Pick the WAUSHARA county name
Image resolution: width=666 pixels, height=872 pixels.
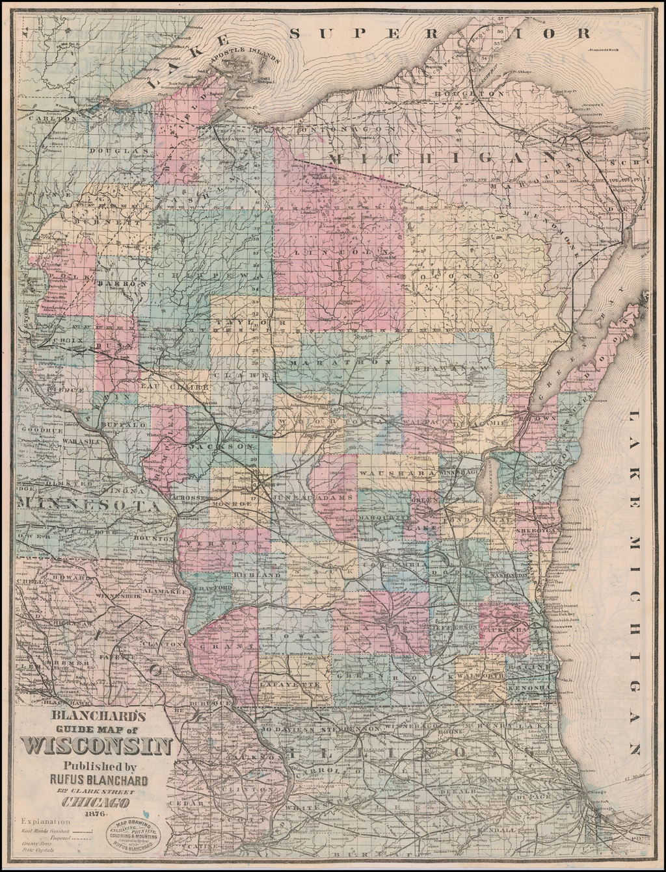tap(397, 474)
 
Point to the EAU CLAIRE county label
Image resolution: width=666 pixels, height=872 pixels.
tap(174, 387)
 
